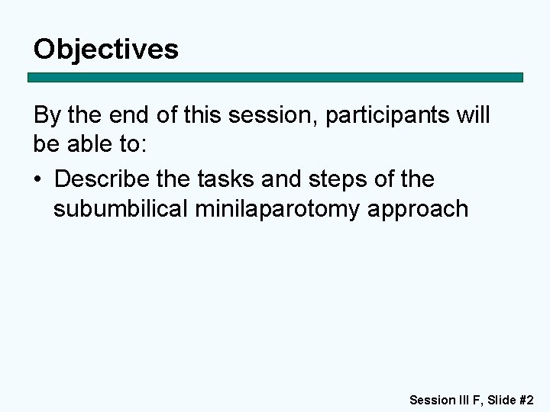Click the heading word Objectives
click(x=106, y=50)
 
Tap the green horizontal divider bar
click(x=275, y=78)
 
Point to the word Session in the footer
click(x=432, y=399)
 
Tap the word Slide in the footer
click(x=502, y=399)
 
